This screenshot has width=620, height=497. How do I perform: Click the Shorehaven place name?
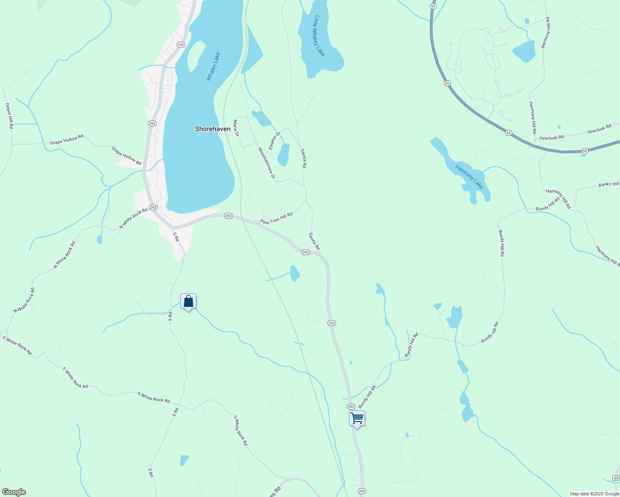coord(213,129)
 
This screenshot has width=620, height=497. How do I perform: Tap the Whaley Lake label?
coord(213,66)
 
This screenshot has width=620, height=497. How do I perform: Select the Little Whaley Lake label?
coord(320,36)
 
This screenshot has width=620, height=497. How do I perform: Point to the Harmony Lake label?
coord(469,177)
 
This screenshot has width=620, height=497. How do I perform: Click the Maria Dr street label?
coord(236,128)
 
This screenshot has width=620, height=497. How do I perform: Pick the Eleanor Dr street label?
coord(274,140)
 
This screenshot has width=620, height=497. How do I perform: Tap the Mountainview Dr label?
coord(266,163)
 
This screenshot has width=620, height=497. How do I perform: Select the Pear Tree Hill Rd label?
coord(276,218)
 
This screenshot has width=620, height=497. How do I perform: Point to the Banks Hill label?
coord(608,184)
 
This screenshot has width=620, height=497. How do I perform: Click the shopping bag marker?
coord(188,302)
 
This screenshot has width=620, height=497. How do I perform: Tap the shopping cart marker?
coord(357,419)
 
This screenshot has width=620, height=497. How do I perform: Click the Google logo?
coord(13,492)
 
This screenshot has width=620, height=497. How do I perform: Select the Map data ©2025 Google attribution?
coord(594,494)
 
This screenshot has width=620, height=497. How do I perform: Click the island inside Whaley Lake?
coord(195,56)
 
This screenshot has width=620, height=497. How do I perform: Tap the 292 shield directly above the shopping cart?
coord(351,407)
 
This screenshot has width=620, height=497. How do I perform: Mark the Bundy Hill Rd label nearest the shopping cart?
coord(367,397)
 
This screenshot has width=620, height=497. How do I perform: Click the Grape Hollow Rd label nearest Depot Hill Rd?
coord(67,139)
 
